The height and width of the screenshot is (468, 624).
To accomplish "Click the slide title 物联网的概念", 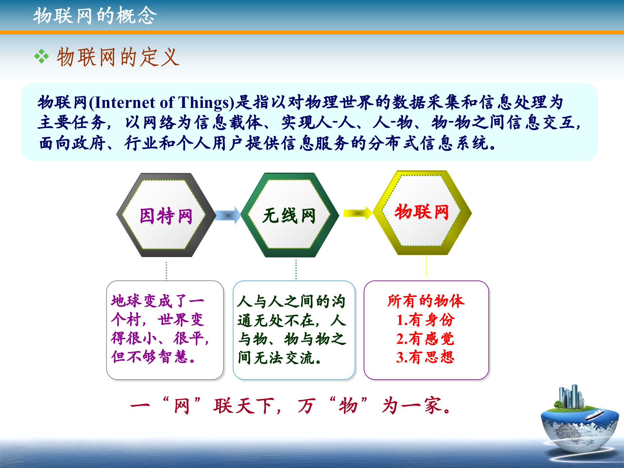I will [x=95, y=16].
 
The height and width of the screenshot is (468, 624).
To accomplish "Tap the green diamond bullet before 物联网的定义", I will [x=42, y=57].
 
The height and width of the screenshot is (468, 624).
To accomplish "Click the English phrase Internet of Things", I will [x=162, y=103].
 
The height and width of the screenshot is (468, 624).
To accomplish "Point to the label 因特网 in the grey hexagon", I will [x=166, y=216].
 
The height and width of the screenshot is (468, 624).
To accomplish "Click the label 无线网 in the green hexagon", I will [x=289, y=216].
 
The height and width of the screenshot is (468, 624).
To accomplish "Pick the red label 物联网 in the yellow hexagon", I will [x=422, y=212].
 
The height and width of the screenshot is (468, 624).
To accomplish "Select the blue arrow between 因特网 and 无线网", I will [x=227, y=215].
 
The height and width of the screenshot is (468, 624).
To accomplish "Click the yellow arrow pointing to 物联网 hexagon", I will [x=357, y=213].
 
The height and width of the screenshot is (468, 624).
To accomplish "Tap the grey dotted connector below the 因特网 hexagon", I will [x=166, y=271].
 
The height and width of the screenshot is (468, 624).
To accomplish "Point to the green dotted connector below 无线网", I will [x=296, y=269].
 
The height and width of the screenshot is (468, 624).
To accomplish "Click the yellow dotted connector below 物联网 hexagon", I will [x=426, y=266].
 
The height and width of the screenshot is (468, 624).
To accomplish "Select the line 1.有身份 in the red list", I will [x=425, y=320].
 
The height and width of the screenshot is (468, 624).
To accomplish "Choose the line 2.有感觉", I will [x=425, y=339].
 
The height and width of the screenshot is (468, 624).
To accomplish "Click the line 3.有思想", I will [x=425, y=357].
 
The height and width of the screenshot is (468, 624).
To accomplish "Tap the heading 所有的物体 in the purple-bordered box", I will [x=426, y=301].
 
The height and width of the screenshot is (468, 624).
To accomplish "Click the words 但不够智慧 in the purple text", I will [x=149, y=357].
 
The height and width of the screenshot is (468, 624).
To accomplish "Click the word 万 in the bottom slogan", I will [x=306, y=406].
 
